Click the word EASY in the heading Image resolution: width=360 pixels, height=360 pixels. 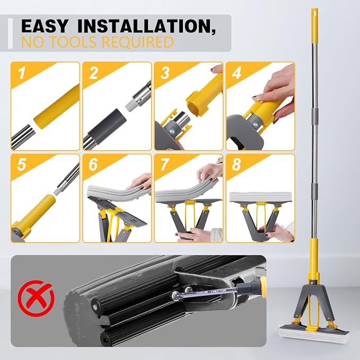click(45, 26)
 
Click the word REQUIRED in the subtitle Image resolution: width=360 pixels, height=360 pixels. click(137, 42)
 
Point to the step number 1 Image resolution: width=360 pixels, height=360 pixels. click(22, 73)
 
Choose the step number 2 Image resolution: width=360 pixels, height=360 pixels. click(93, 73)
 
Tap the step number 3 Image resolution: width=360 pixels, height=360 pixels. click(165, 73)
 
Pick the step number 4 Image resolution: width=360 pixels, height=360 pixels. click(236, 73)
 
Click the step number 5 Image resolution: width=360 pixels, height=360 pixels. click(22, 164)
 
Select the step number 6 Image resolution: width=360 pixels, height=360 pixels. click(93, 164)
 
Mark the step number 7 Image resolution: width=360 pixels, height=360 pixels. click(165, 164)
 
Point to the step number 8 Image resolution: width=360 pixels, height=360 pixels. click(236, 164)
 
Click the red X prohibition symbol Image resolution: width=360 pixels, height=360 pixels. click(36, 298)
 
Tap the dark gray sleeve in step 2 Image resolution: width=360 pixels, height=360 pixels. click(107, 124)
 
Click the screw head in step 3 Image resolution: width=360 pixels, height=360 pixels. click(172, 132)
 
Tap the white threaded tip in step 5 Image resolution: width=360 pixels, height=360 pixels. click(58, 190)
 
